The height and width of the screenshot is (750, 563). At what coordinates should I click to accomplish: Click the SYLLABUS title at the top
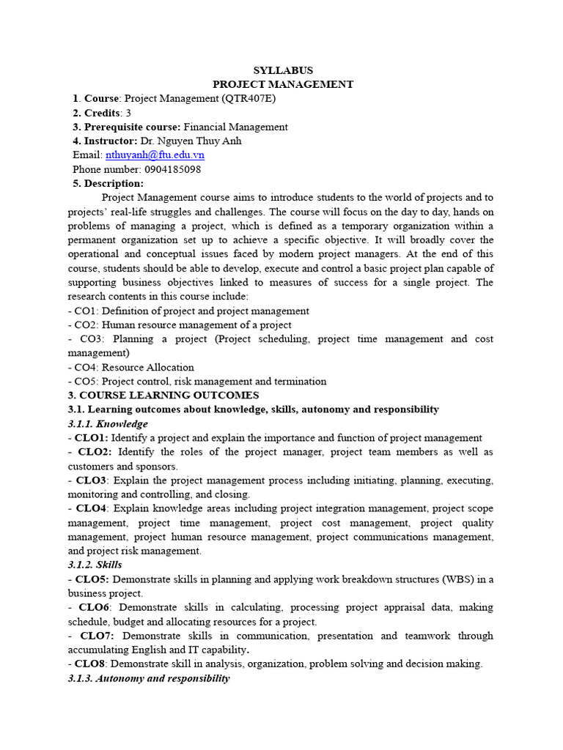click(x=283, y=70)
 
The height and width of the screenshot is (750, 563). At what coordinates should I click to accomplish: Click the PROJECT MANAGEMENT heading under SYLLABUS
click(x=283, y=84)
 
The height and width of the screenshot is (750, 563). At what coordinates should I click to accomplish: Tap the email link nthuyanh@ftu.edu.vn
click(x=155, y=155)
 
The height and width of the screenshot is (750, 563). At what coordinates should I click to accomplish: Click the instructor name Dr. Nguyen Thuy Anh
click(x=191, y=141)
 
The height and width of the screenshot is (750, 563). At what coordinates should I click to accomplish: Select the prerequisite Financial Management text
click(x=235, y=127)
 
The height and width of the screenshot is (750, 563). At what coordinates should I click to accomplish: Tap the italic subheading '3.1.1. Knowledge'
click(x=107, y=424)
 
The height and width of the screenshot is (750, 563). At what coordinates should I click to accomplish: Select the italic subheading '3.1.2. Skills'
click(x=95, y=565)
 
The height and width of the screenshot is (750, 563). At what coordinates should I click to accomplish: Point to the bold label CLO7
click(x=98, y=636)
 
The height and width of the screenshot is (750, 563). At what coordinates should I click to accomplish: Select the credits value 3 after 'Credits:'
click(x=128, y=113)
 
